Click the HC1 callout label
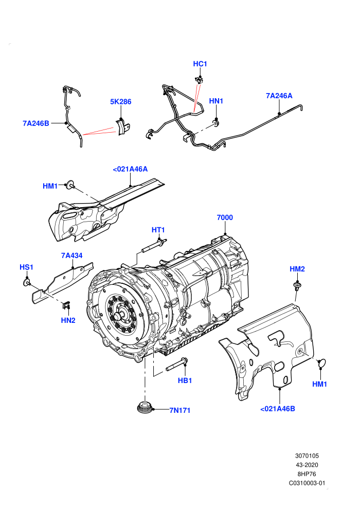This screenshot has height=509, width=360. [200, 64]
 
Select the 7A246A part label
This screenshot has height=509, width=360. [279, 96]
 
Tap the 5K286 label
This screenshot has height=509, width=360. [121, 102]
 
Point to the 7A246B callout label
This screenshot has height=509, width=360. [36, 123]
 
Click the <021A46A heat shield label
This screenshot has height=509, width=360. [130, 169]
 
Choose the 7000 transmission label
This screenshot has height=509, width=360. [225, 217]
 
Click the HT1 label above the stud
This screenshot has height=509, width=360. [158, 230]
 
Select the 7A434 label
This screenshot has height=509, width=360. [71, 256]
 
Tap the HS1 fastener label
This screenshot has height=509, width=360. [26, 267]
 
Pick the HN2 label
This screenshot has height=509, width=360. [68, 320]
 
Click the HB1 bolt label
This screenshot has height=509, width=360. [185, 380]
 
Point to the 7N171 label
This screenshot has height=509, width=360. [180, 410]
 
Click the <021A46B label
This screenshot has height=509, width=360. [278, 409]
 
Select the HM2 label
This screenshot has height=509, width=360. [297, 269]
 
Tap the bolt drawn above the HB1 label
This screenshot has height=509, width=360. [177, 365]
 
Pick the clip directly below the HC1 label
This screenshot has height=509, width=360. [199, 80]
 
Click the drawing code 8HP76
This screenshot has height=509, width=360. [307, 474]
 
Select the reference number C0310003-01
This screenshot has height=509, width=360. [307, 483]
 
